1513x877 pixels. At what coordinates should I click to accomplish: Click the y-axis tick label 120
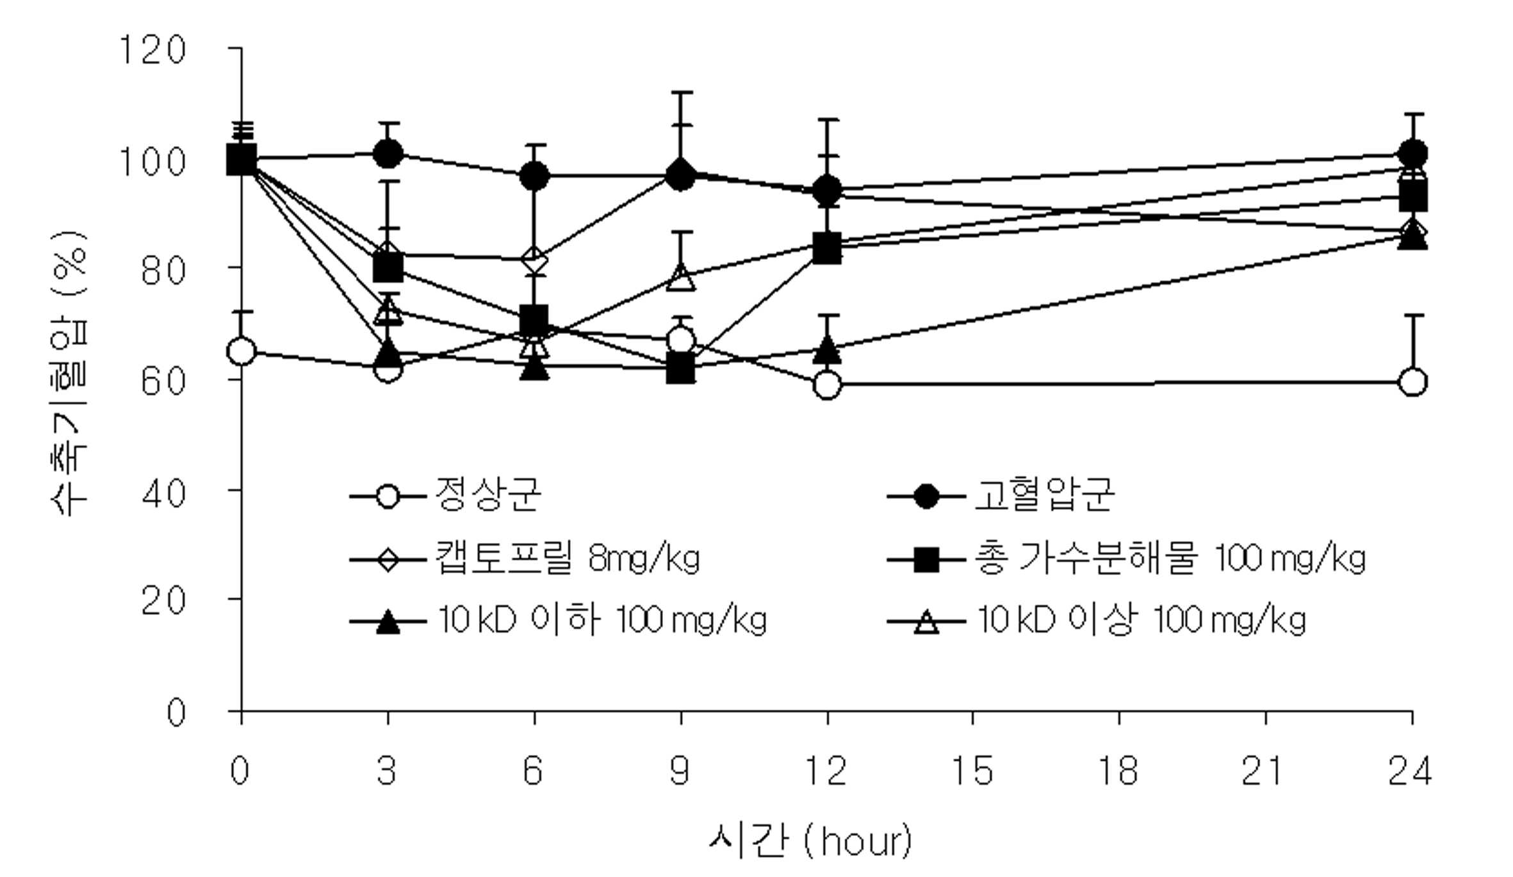[153, 49]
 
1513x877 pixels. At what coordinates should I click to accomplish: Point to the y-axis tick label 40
[163, 494]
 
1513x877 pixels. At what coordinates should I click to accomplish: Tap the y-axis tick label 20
[163, 601]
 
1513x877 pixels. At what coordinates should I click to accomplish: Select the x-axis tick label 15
[972, 771]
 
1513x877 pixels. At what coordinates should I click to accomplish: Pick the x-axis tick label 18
[1118, 771]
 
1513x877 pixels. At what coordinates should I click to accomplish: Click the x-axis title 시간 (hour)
[810, 841]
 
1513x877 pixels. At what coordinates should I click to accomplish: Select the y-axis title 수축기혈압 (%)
[69, 373]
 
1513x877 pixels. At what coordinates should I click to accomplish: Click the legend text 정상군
[488, 494]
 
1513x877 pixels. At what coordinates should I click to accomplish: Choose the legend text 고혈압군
[1044, 494]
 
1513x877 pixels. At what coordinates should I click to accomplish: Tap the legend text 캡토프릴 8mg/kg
[568, 558]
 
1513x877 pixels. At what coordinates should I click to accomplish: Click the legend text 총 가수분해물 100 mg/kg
[1170, 558]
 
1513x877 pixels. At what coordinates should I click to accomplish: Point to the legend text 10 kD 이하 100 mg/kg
[601, 620]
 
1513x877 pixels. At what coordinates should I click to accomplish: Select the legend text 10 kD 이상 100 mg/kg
[1141, 620]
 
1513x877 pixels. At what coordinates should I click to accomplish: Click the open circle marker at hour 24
[1413, 382]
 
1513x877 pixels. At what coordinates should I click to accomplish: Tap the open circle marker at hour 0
[241, 351]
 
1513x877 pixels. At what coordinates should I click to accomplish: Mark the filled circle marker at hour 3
[388, 154]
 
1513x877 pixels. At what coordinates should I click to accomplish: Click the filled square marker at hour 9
[680, 369]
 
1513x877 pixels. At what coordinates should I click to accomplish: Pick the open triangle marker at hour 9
[680, 278]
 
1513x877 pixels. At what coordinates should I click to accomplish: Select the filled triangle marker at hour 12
[827, 349]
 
